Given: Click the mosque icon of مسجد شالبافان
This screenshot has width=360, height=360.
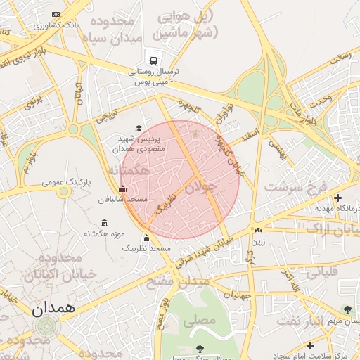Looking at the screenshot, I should (x=123, y=188).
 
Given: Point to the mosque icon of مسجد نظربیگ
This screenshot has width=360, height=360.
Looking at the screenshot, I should (x=146, y=238).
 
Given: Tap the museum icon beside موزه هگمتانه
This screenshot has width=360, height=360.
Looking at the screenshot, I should (x=104, y=223).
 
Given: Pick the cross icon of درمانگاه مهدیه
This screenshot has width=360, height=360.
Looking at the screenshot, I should (x=337, y=198).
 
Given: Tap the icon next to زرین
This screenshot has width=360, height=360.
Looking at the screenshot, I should (x=259, y=230).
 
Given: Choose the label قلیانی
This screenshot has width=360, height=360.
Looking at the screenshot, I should (x=320, y=271).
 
